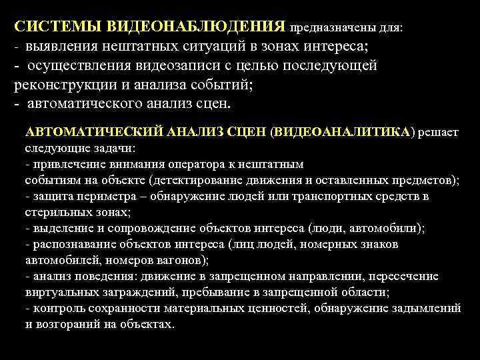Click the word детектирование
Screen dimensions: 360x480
[x=205, y=180]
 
